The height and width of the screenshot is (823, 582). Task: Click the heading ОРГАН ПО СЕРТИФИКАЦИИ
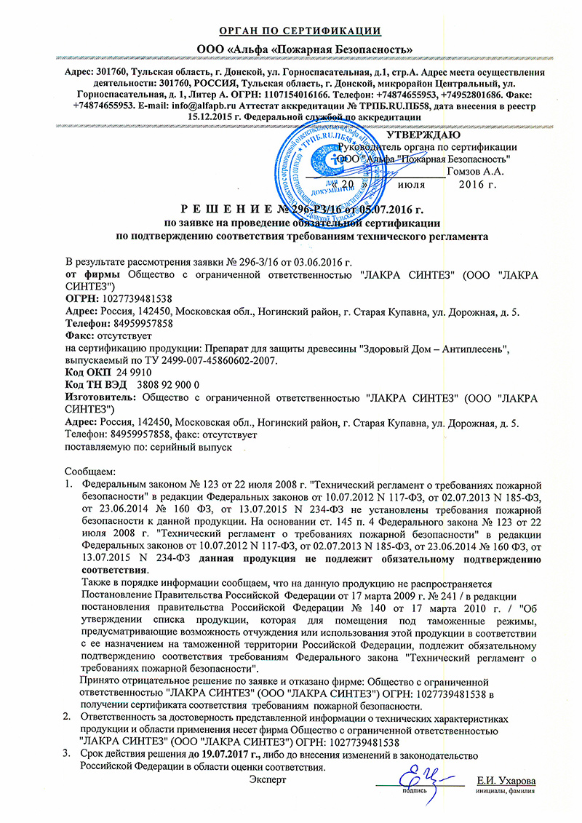[300, 31]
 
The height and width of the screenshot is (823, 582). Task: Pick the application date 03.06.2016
[322, 262]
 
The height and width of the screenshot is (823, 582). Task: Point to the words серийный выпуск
[199, 448]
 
